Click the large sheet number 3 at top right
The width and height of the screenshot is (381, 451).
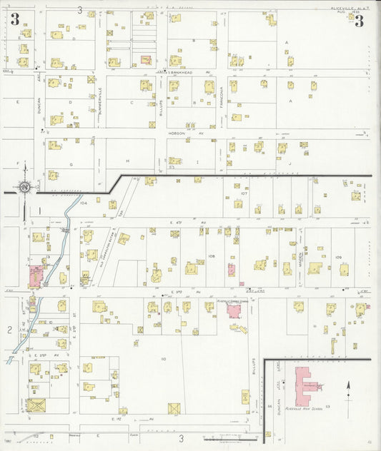359,21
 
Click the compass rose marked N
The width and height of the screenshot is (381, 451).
25,188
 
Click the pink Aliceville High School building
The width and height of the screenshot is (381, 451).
303,385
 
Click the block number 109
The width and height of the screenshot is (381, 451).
338,257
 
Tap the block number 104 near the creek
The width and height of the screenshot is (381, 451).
83,203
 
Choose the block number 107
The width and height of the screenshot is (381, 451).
244,193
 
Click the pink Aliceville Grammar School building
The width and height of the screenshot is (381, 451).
236,312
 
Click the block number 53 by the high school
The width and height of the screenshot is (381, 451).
327,405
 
